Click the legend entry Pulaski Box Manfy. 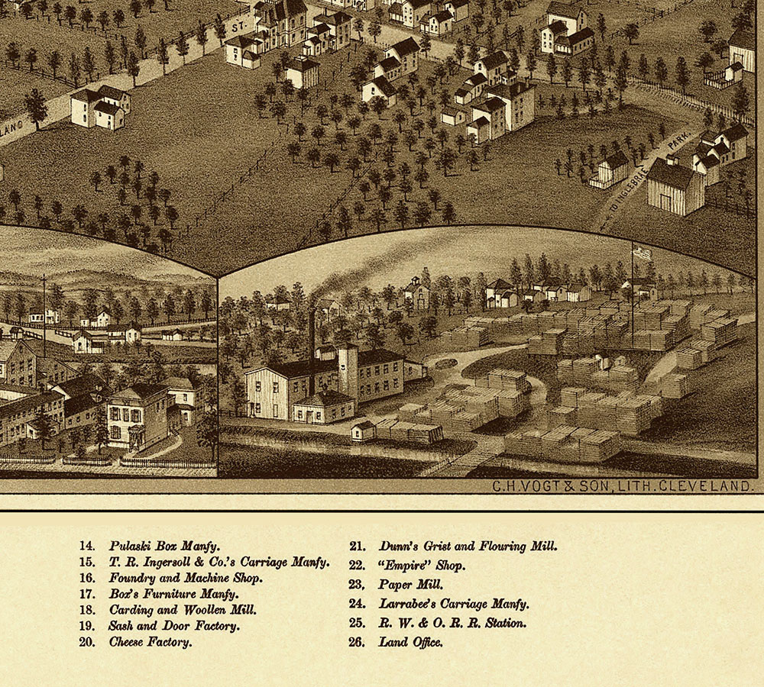tap(163, 546)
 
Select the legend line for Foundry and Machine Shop tap(186, 578)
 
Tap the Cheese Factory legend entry tap(150, 642)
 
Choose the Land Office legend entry tap(410, 642)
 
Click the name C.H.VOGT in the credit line tap(513, 485)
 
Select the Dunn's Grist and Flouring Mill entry tap(468, 546)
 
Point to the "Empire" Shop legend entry tap(421, 566)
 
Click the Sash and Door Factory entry tap(174, 626)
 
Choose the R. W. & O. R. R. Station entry tap(452, 623)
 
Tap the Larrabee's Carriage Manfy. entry tap(454, 604)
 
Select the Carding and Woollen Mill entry tap(182, 610)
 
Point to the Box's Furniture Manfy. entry tap(173, 593)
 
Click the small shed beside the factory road tap(362, 431)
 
